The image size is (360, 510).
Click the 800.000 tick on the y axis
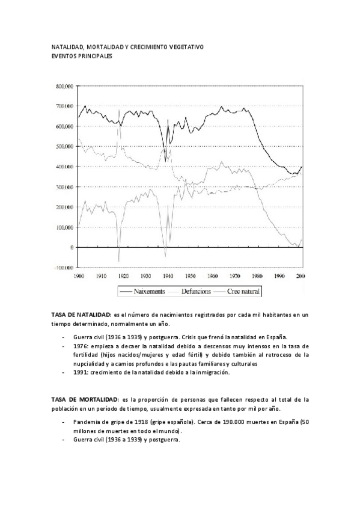point(64,86)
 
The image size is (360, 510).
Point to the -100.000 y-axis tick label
point(63,268)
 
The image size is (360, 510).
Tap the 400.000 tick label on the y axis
point(64,167)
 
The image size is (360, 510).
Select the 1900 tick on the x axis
point(78,275)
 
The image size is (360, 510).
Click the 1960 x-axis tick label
point(212,275)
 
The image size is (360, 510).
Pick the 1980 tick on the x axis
point(257,275)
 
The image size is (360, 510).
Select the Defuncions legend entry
point(199,291)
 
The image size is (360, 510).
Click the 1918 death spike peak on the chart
point(119,110)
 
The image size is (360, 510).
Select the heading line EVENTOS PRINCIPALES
point(81,55)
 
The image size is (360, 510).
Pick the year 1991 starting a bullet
point(80,372)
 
